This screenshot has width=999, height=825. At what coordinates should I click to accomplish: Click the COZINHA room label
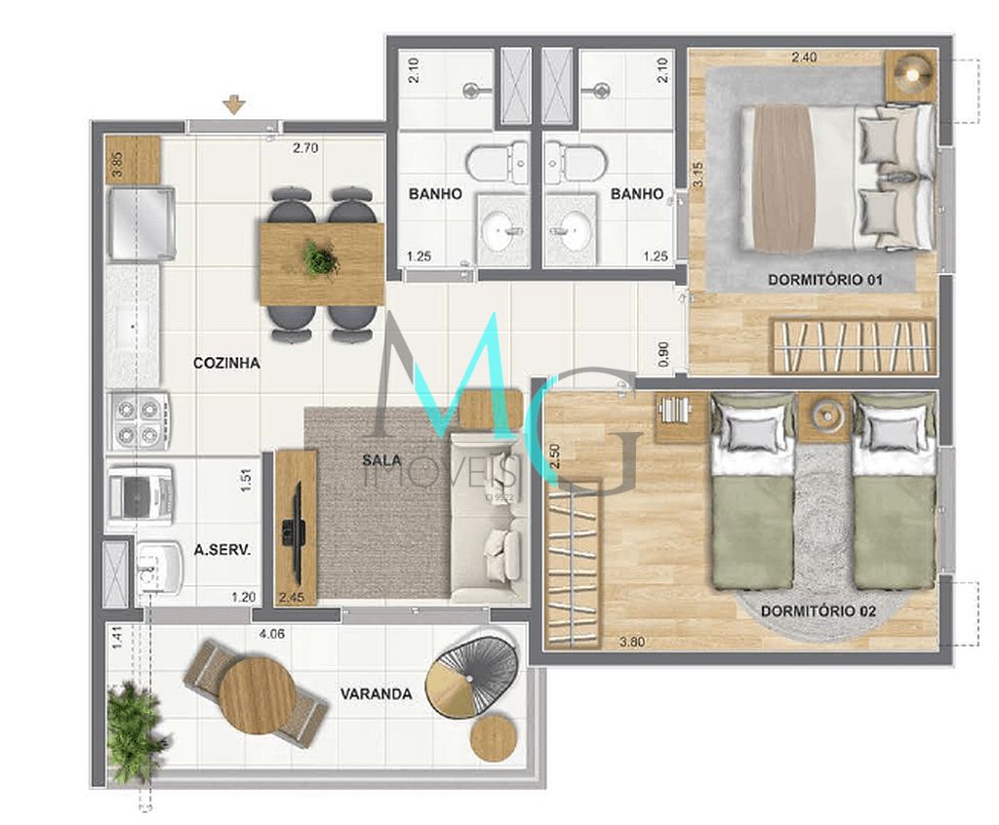[x=226, y=363]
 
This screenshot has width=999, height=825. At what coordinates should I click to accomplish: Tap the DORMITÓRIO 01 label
[x=824, y=280]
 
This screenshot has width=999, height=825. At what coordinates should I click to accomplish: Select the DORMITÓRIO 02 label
[x=818, y=611]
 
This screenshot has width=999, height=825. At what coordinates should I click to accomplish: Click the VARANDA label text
[x=376, y=694]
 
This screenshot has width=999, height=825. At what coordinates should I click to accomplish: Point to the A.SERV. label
[x=222, y=550]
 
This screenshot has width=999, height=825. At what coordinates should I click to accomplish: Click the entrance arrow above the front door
[x=233, y=104]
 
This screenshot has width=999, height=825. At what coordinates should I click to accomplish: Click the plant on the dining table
[x=320, y=258]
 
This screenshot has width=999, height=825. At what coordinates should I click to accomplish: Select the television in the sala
[x=291, y=531]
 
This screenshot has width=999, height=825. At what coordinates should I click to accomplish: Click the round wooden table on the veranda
[x=256, y=696]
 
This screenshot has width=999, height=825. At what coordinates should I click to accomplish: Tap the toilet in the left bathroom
[x=497, y=162]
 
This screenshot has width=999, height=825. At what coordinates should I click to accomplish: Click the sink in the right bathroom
[x=571, y=230]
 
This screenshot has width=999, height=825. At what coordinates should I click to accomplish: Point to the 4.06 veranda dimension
[x=272, y=634]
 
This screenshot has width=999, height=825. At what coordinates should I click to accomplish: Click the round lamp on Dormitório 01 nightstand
[x=912, y=72]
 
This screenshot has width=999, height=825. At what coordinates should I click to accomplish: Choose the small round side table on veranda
[x=494, y=737]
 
